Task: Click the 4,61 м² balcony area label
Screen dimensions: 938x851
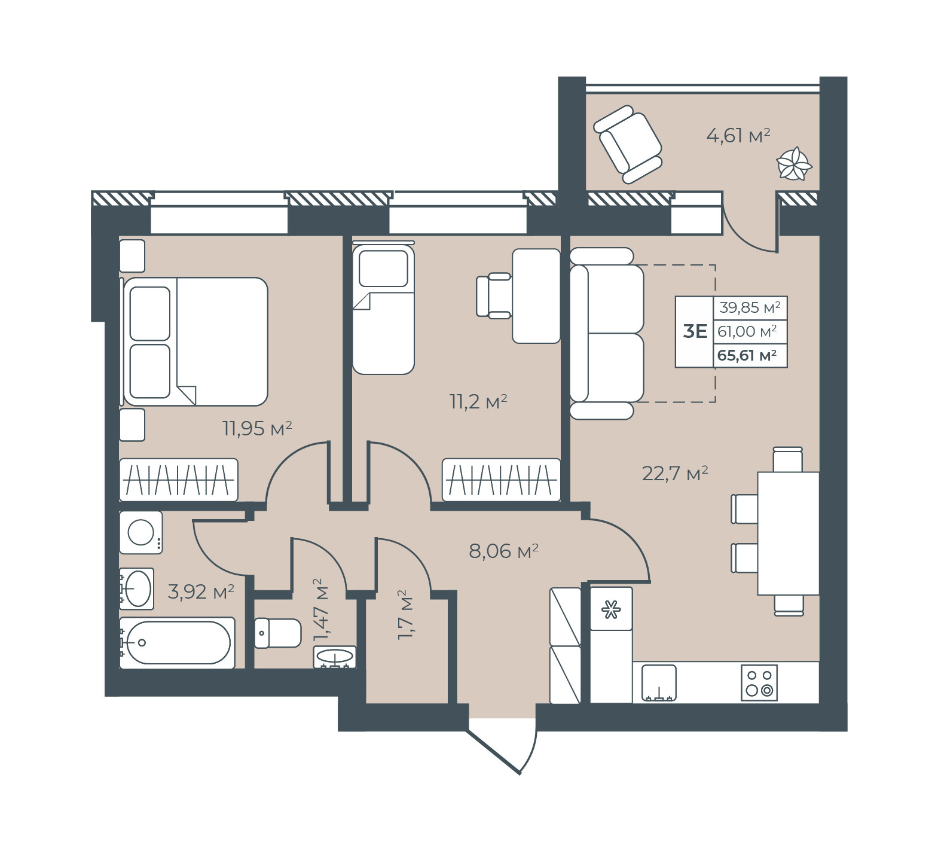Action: pos(738,136)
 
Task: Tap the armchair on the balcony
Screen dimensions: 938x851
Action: pos(628,144)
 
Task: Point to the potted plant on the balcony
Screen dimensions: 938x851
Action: pos(794,163)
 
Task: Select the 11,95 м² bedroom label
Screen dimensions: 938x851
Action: pos(257,428)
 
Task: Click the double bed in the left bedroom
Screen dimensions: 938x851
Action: pos(195,341)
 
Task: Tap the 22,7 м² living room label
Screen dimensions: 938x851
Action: pos(675,474)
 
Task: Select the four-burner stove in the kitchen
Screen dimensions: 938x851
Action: pos(759,682)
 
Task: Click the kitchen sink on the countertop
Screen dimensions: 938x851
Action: pos(659,682)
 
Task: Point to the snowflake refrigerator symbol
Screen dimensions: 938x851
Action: pos(611,610)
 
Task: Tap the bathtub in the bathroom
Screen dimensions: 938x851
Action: pos(177,643)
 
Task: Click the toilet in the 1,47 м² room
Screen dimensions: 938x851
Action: pos(278,633)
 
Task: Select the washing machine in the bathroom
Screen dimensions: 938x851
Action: pos(141,532)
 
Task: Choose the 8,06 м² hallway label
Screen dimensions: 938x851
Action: pos(504,551)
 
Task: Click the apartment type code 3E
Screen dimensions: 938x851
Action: pos(695,331)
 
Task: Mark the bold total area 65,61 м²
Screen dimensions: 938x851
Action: pos(747,355)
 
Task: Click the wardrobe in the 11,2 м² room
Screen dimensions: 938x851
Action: pos(502,480)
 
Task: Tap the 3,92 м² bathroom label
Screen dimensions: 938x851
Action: pos(201,592)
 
